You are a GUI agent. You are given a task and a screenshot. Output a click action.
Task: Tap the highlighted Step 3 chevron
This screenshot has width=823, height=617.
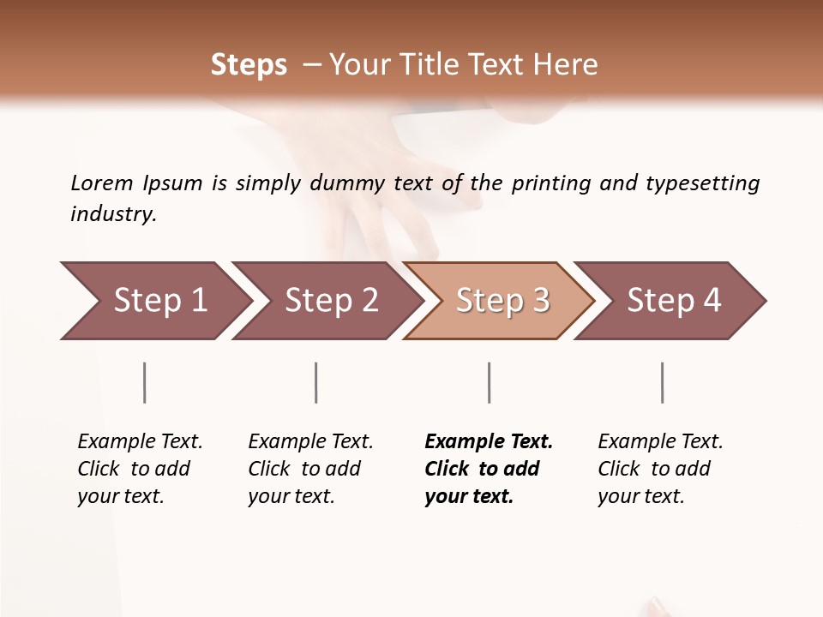[x=502, y=301]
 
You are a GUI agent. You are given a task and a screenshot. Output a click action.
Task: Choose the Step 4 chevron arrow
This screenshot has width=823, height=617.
[x=673, y=301]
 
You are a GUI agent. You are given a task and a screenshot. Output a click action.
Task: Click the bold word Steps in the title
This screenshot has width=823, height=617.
[x=249, y=65]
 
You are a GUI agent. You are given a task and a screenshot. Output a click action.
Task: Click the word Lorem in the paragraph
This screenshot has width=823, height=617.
[x=102, y=183]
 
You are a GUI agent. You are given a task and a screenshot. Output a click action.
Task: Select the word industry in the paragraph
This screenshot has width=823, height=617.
[x=113, y=214]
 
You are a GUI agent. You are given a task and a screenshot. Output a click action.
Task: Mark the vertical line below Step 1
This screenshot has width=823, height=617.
[x=145, y=382]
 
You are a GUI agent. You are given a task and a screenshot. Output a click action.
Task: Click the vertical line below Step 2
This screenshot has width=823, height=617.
[x=316, y=382]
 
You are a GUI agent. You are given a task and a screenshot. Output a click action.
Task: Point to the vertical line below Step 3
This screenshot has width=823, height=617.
[x=490, y=382]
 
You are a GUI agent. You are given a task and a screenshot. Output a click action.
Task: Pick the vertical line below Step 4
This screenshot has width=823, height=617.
[x=663, y=382]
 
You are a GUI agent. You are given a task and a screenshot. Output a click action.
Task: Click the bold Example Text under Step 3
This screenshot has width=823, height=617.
[x=489, y=442]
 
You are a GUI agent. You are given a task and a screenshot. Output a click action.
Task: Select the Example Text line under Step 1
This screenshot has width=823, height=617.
[x=140, y=442]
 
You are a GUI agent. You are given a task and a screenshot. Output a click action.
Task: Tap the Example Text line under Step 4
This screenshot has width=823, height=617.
[x=660, y=442]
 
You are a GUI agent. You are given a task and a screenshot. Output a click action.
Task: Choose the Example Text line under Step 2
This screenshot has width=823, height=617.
[x=310, y=442]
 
